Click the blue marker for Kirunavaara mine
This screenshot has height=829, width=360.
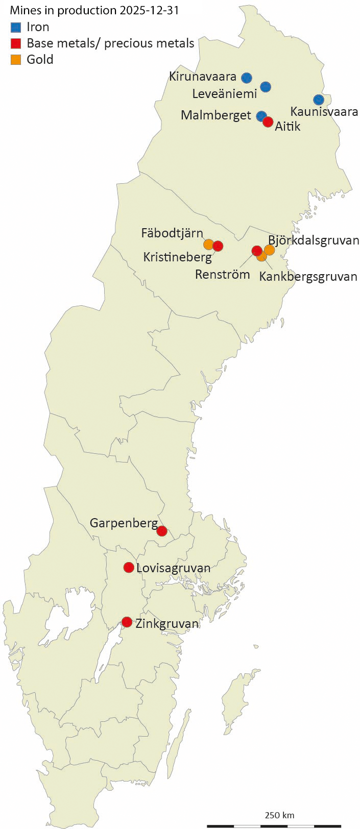click(247, 78)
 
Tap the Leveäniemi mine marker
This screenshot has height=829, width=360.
click(266, 87)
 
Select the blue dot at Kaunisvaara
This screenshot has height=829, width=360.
click(319, 100)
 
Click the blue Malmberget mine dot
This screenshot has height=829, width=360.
click(261, 116)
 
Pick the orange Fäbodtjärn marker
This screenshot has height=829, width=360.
click(208, 243)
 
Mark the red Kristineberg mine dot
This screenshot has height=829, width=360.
click(218, 246)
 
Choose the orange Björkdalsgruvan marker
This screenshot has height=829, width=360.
click(270, 250)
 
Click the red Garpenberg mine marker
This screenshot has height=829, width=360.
click(162, 531)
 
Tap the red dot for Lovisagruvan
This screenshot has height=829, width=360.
click(129, 567)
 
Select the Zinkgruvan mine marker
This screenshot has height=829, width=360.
click(127, 622)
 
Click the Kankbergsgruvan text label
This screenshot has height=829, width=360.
click(308, 277)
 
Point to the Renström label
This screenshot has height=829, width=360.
click(223, 275)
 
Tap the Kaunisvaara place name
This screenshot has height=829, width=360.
click(324, 112)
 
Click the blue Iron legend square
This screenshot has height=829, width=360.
click(16, 28)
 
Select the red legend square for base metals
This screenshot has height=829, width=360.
click(16, 43)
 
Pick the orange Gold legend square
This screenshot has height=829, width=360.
click(16, 59)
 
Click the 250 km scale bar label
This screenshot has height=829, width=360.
click(279, 815)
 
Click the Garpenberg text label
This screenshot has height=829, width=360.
click(124, 523)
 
